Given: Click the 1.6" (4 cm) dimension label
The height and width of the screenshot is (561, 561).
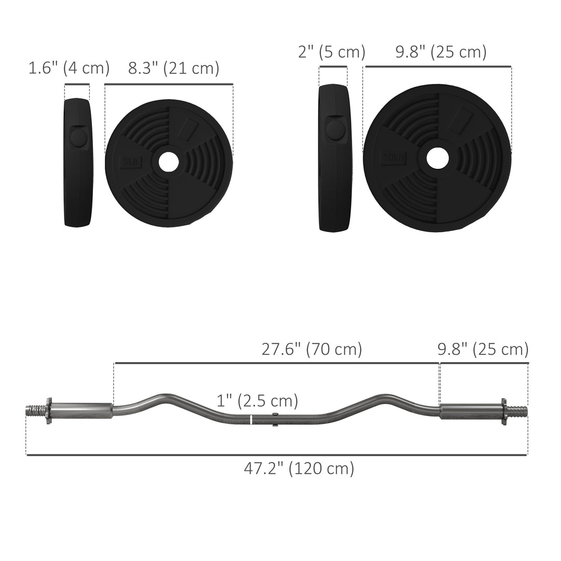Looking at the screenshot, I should click(x=69, y=68).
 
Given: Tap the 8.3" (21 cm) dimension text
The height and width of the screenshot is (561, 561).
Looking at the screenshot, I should click(x=173, y=68).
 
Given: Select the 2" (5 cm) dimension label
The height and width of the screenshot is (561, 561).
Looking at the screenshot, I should click(x=332, y=52).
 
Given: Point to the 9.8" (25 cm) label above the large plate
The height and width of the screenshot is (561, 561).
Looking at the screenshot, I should click(x=441, y=52).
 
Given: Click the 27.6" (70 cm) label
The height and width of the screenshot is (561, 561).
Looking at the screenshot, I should click(x=312, y=349).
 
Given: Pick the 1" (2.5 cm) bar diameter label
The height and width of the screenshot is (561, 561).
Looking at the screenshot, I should click(x=257, y=400).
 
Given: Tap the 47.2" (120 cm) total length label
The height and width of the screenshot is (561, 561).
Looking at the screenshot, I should click(x=299, y=468).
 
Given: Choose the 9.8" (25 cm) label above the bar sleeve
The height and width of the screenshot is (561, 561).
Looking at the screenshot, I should click(x=483, y=349).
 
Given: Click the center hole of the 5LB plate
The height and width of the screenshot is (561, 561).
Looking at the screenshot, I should click(x=168, y=162).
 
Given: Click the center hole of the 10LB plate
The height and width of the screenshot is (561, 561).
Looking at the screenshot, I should click(x=437, y=158).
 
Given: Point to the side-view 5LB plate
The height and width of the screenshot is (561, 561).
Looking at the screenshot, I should click(x=77, y=162).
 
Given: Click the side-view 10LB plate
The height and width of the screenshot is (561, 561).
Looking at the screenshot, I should click(x=335, y=158).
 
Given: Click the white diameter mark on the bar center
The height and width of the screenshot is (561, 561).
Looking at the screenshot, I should click(x=251, y=420).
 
